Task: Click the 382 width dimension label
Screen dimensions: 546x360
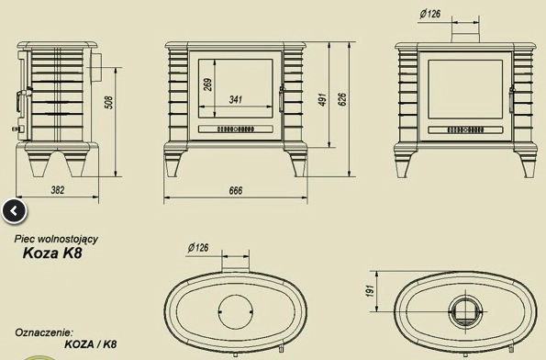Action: click(58, 190)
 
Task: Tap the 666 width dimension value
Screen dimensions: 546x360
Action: click(236, 191)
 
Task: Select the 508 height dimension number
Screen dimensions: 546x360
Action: click(109, 103)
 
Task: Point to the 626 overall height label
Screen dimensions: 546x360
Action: click(342, 100)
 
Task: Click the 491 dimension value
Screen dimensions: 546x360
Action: click(323, 100)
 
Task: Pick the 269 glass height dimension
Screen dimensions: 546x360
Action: click(207, 84)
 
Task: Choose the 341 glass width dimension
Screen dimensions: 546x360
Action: click(236, 100)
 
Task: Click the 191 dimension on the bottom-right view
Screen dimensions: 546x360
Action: click(370, 291)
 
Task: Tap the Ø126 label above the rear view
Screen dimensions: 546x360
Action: click(430, 14)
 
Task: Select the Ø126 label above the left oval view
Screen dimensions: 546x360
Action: click(198, 248)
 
